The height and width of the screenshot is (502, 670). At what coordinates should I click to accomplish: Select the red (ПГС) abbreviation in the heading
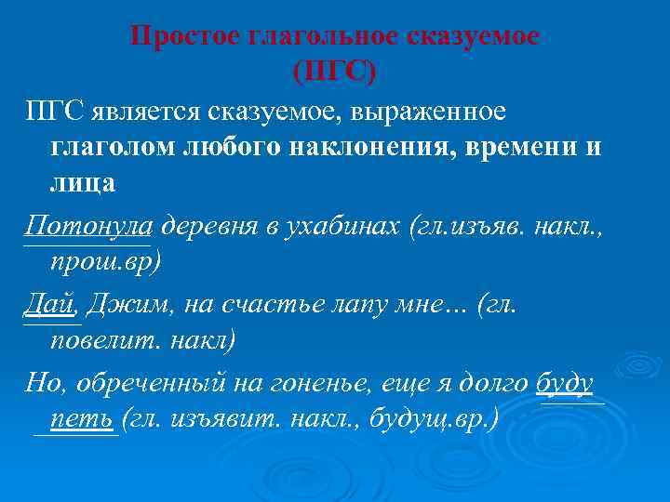coord(336,71)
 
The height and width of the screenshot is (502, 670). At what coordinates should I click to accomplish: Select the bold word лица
coord(83,182)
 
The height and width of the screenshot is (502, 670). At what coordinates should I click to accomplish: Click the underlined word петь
coord(82,419)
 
